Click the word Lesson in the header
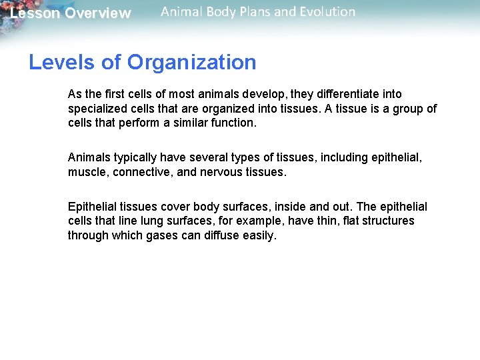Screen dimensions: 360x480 tap(35, 13)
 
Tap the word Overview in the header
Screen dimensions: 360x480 tap(98, 13)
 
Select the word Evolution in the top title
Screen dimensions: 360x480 tap(325, 11)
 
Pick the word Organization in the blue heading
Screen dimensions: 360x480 tap(192, 63)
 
